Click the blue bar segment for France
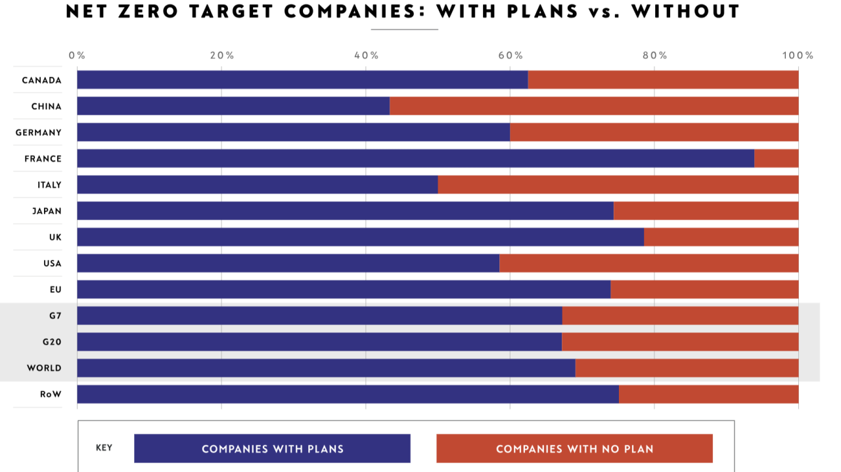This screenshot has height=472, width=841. point(415,158)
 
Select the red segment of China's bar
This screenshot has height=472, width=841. point(594,106)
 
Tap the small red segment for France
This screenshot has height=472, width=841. point(776,158)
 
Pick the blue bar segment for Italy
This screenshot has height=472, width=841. point(258,184)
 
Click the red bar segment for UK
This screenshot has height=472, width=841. point(721,237)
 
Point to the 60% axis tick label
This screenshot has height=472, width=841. point(511,55)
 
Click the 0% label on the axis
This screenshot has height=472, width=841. point(77,55)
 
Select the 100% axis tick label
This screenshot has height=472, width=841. point(798,55)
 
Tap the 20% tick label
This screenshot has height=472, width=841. point(222,55)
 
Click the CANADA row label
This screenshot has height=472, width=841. point(41,80)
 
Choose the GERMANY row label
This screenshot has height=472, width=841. point(39,133)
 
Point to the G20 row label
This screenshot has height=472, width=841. point(51,342)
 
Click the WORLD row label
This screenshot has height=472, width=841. point(44,368)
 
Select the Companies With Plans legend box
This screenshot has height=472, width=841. point(272,448)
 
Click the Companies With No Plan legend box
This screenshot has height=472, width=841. point(574,448)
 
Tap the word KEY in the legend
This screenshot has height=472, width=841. point(104,448)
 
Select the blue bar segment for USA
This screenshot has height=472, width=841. point(288,263)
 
